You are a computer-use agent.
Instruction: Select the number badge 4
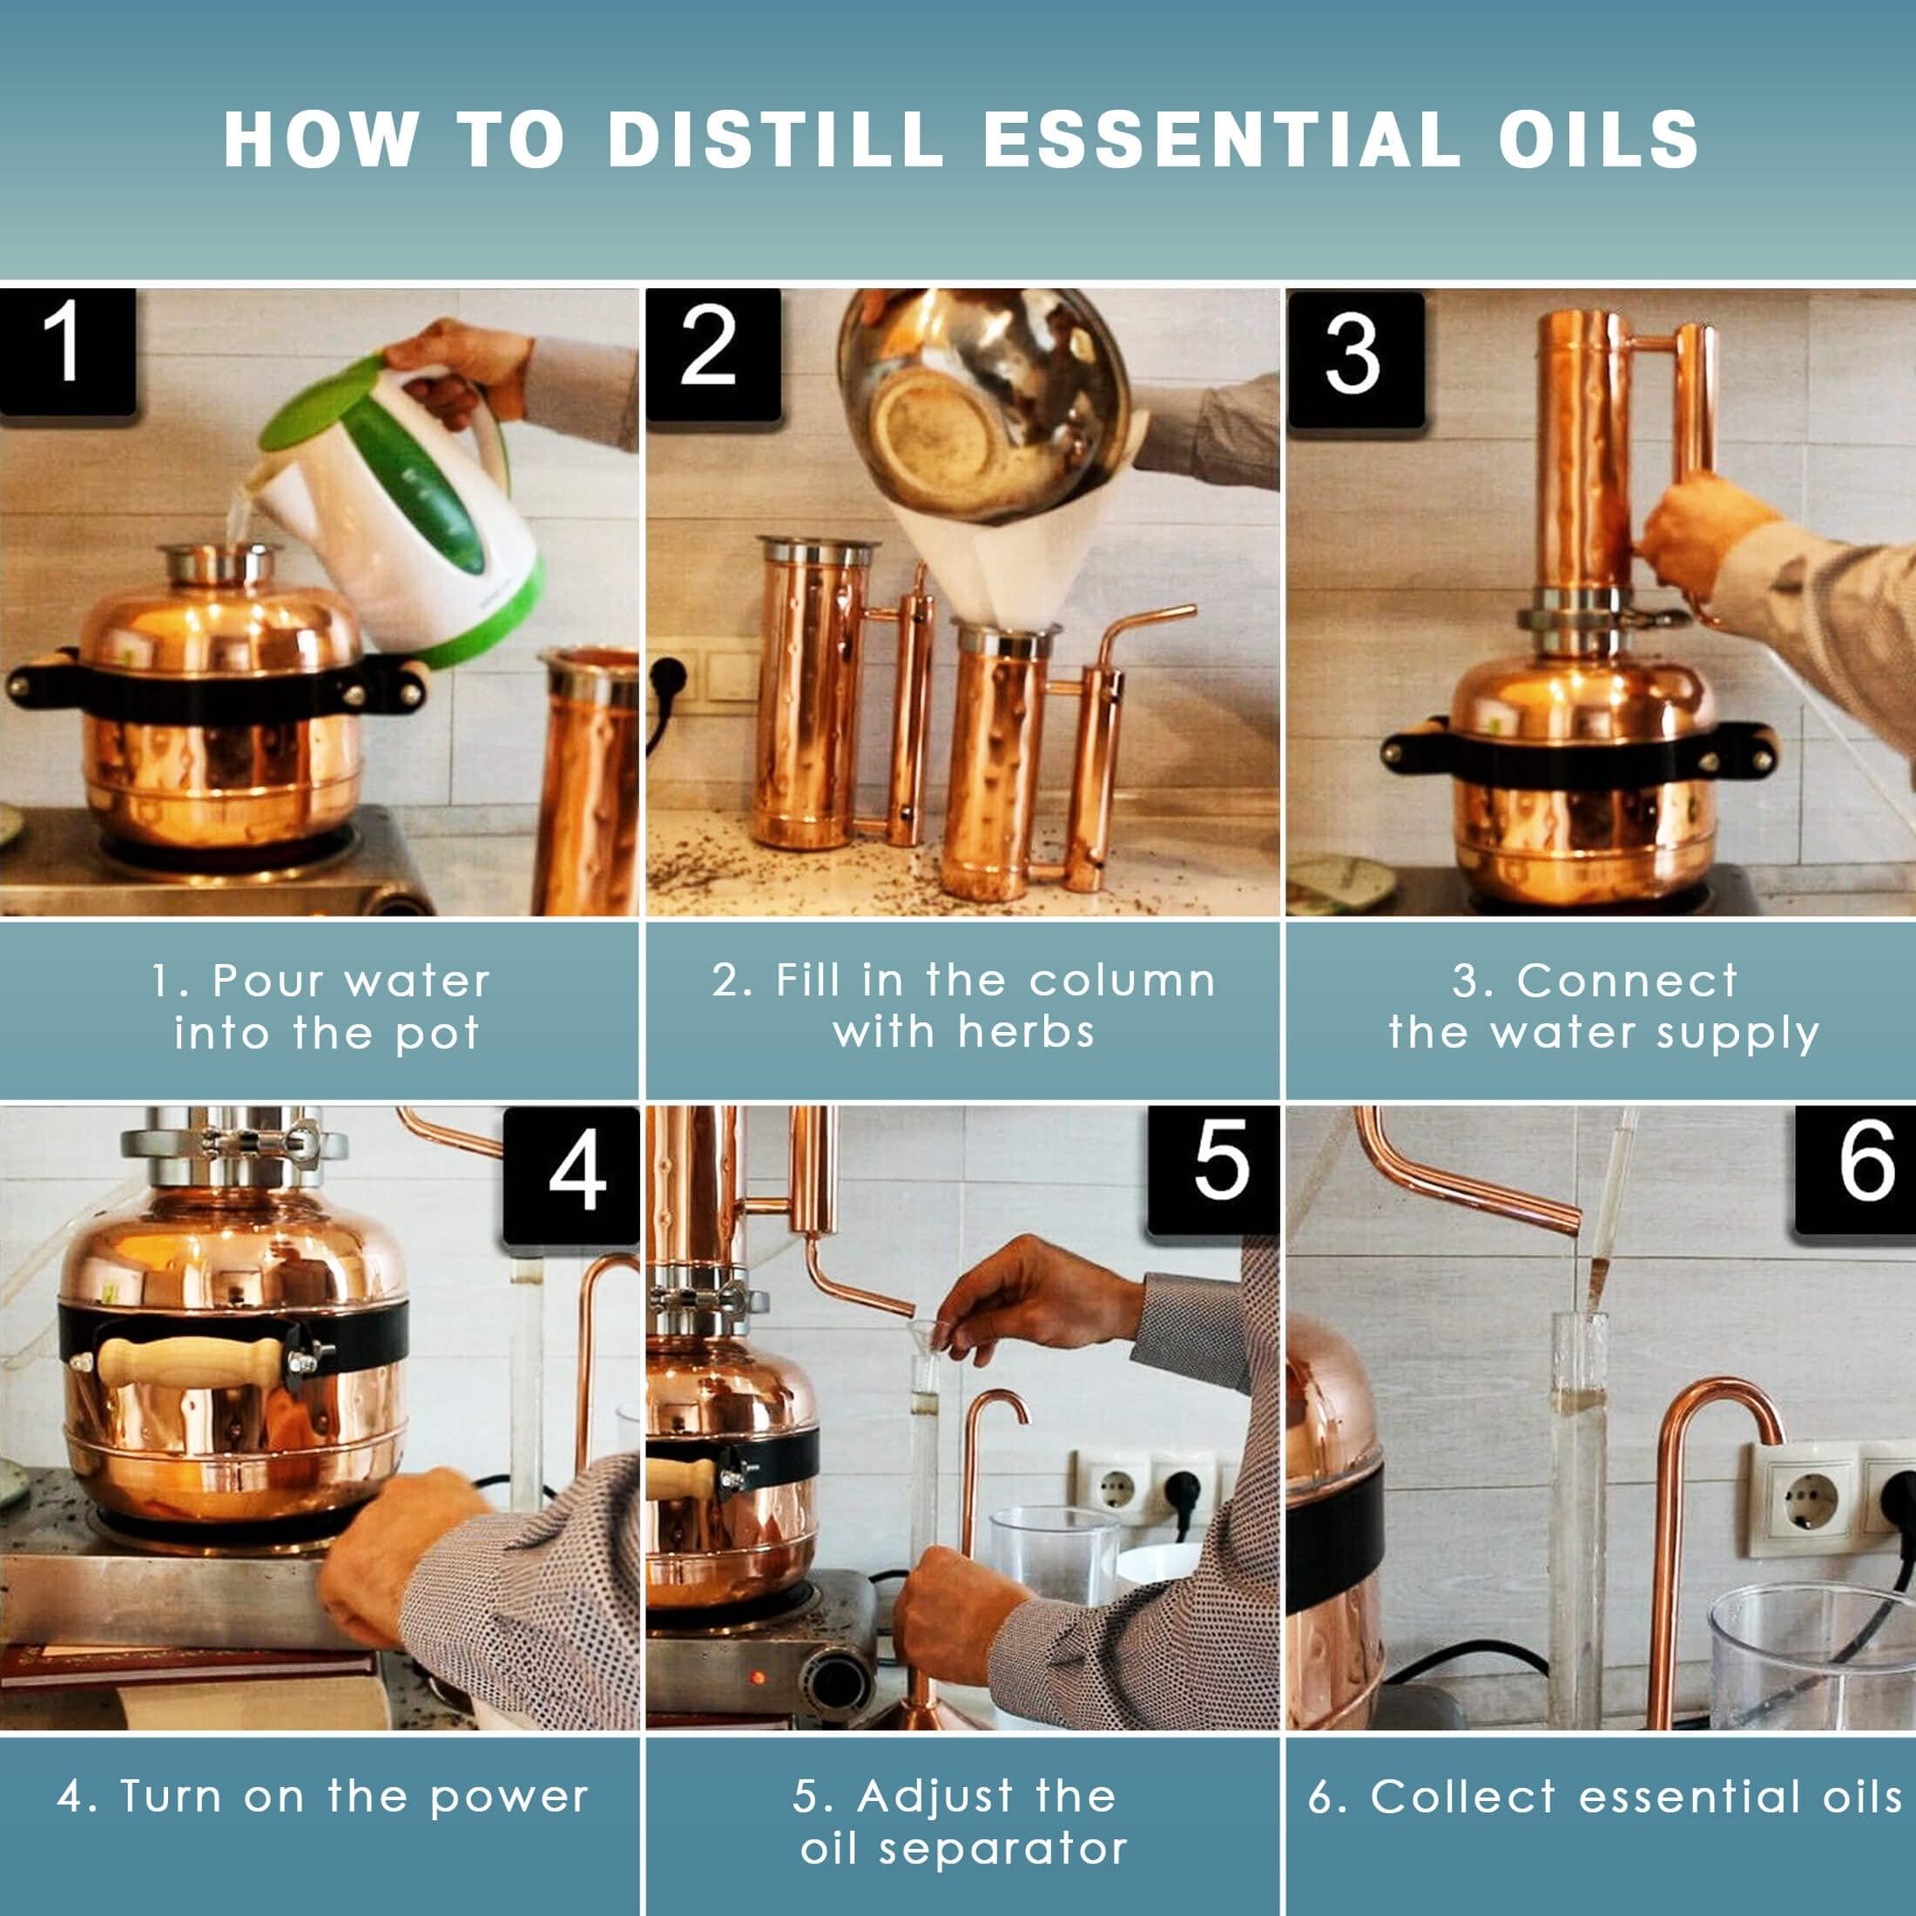point(573,1174)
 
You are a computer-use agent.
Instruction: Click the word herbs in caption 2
point(1027,1034)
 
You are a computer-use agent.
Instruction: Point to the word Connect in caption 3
point(1626,982)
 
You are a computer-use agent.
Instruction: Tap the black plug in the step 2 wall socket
point(665,685)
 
